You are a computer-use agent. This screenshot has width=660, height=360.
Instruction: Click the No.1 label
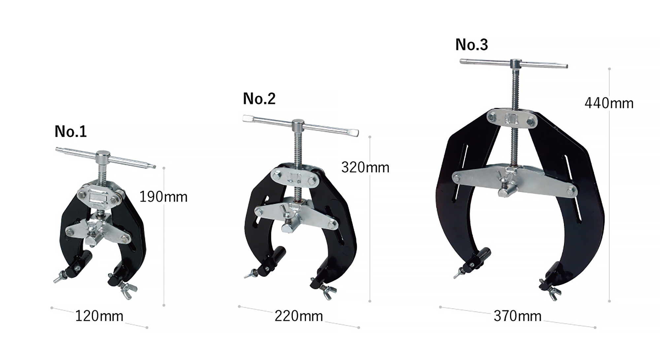(x=71, y=132)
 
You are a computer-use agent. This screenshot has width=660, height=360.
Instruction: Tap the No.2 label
(x=259, y=99)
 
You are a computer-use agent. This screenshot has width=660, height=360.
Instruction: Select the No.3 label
(x=472, y=45)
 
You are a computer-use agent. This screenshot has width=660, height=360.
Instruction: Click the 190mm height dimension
(x=163, y=197)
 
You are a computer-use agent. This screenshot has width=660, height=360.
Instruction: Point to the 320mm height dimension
(x=365, y=168)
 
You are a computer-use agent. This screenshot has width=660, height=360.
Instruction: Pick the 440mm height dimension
(x=609, y=104)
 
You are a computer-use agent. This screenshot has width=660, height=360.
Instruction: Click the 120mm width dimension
(x=99, y=316)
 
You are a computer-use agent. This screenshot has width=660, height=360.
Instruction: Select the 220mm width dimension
(x=299, y=316)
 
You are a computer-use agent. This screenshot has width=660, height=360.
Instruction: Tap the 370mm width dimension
(x=517, y=316)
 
